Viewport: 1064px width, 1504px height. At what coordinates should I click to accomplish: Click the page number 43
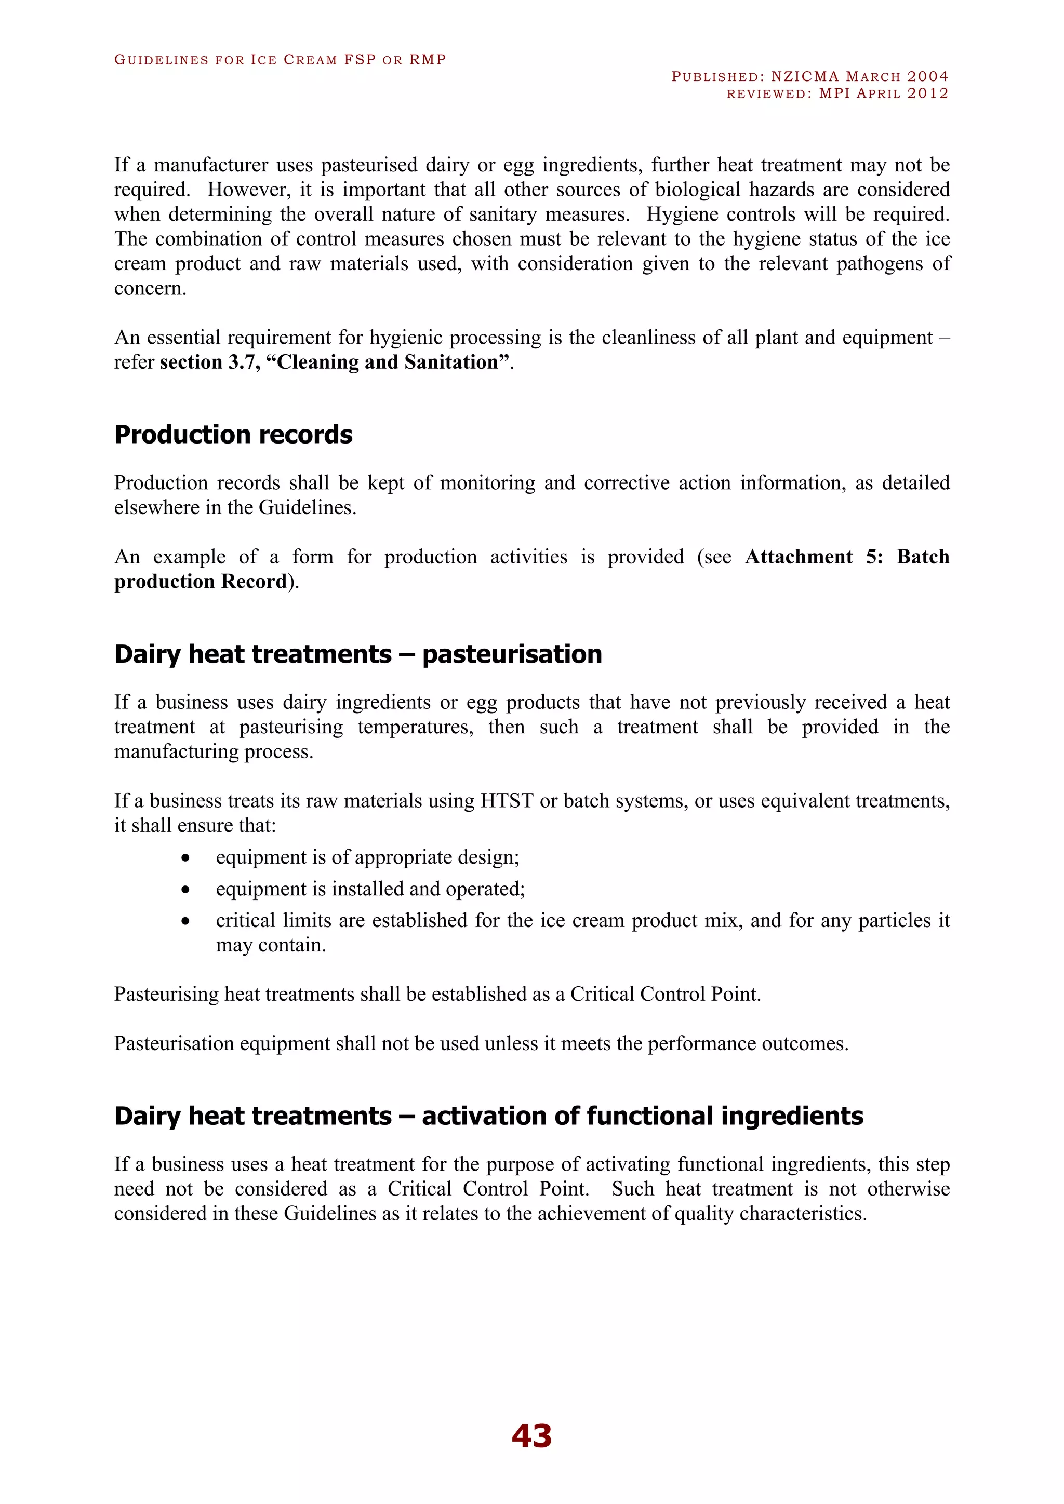531,1436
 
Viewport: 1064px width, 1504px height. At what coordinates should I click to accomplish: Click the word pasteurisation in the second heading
512,654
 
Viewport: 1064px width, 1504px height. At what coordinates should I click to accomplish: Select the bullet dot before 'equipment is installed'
186,890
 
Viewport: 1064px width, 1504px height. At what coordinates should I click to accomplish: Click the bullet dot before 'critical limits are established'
186,921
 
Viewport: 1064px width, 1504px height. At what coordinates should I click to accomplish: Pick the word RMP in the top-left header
427,60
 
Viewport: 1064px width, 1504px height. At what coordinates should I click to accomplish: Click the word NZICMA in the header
805,77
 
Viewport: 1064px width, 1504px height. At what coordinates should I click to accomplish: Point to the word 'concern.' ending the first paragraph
150,288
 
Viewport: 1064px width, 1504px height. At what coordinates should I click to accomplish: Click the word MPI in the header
834,93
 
